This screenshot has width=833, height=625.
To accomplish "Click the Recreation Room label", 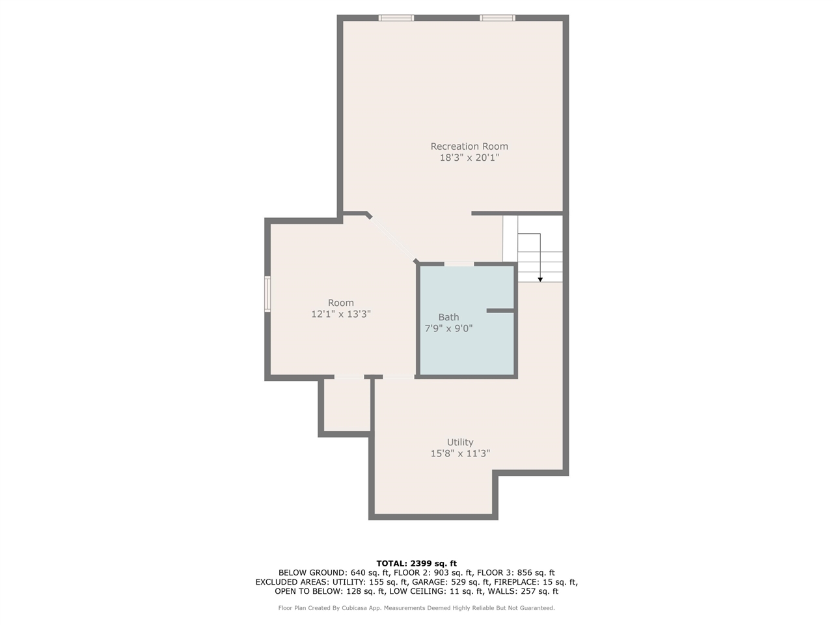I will pos(469,146).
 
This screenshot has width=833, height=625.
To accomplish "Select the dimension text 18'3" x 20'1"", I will pos(469,158).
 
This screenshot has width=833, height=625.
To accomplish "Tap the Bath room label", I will pos(448,318).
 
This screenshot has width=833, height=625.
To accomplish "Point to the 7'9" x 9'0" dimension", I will pos(448,329).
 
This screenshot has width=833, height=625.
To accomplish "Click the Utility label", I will pos(460,443).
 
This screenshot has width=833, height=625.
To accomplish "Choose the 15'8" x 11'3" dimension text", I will pos(460,454).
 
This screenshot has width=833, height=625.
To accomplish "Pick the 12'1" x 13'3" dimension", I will pos(341,314).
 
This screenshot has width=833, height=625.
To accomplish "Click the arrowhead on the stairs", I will pos(540,279).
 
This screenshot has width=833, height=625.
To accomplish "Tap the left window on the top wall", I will pos(396,18).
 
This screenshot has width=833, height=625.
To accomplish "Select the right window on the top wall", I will pos(497,18).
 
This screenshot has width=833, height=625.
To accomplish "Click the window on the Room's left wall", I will pos(267,294).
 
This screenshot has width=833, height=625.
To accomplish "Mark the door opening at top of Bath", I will pos(459,264).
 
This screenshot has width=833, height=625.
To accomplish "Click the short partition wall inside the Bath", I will pos(500,311).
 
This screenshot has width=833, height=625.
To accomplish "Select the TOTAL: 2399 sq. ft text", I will pos(416,563).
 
